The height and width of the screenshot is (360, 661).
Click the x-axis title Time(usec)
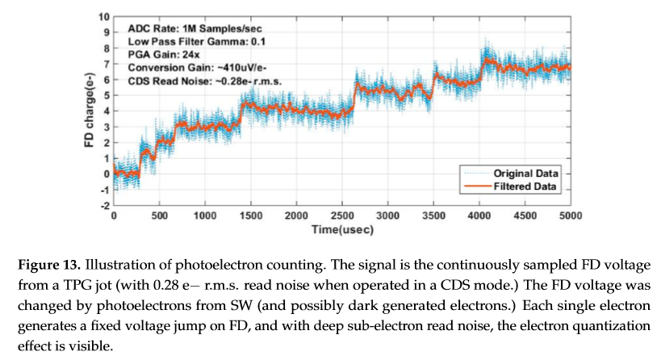pyautogui.click(x=341, y=230)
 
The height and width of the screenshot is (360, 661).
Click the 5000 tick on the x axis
pyautogui.click(x=570, y=216)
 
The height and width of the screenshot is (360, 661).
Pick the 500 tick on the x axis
pyautogui.click(x=159, y=216)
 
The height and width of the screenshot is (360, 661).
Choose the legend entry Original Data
pyautogui.click(x=538, y=173)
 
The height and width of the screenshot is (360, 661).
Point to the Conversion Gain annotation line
pyautogui.click(x=188, y=68)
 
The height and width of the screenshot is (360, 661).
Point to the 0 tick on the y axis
pyautogui.click(x=105, y=174)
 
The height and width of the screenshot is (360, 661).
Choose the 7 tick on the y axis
pyautogui.click(x=105, y=64)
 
